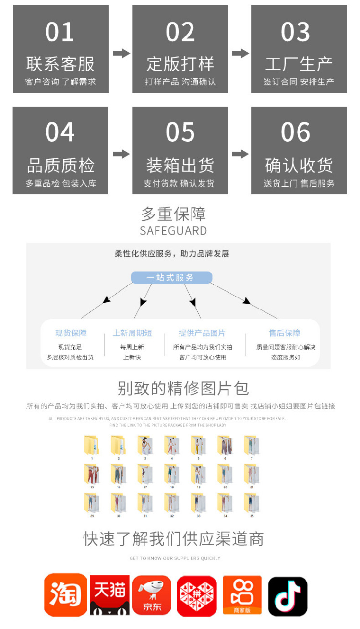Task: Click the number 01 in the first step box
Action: pos(60,32)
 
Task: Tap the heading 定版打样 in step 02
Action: pos(180,64)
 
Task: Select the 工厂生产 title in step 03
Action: pos(299,64)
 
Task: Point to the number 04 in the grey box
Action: pos(60,132)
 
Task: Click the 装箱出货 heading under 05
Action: pos(180,166)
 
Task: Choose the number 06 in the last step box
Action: pos(296,132)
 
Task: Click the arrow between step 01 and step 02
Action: pos(121,53)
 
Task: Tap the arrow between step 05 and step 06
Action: pos(240,154)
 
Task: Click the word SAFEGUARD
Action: pos(173,231)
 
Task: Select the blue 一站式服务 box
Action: pos(171,277)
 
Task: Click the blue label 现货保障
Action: pos(71,333)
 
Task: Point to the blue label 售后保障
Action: pos(284,333)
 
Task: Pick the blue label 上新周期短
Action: pos(132,333)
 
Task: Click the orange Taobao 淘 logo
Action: pos(66,595)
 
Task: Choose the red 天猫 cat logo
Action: pos(110,595)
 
